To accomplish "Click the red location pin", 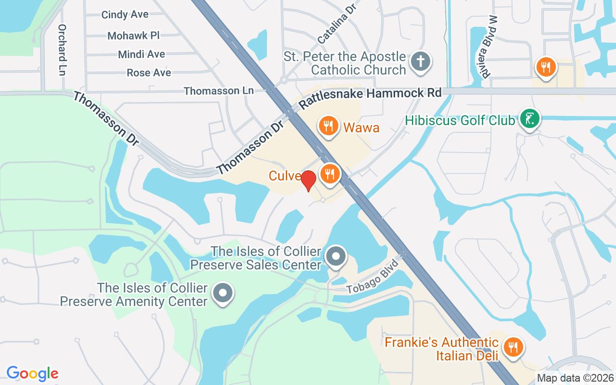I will tap(308, 180).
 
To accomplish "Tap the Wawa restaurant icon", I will tap(329, 126).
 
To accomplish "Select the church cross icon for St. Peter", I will tap(420, 62).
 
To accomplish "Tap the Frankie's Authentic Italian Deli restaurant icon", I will tap(513, 346).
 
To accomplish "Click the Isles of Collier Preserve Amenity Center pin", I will tap(223, 293).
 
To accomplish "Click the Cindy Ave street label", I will tap(125, 15).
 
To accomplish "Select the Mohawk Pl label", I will tap(133, 36).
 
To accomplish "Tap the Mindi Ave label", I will tap(141, 54).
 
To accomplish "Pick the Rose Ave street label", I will tap(149, 73).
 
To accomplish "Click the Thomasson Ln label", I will tap(218, 91).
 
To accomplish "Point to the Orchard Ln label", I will tap(62, 50).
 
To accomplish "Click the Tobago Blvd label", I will tap(373, 278).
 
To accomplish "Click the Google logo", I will tap(33, 373).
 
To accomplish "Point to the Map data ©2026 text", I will tap(575, 378).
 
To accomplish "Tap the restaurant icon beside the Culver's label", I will tap(330, 173).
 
